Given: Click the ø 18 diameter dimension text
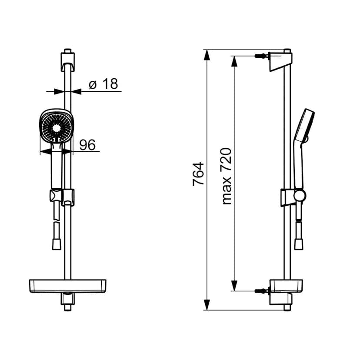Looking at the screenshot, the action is (103, 84).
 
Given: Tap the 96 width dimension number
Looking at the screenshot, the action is (87, 145).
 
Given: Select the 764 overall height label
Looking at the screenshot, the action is (198, 174).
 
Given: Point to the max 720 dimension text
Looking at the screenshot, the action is (226, 176).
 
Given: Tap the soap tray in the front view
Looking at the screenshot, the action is (68, 286).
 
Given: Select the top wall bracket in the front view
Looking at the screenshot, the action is (68, 62).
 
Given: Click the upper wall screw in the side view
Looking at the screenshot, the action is (261, 56).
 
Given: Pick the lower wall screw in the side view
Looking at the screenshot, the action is (261, 291).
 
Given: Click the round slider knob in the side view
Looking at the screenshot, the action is (300, 196).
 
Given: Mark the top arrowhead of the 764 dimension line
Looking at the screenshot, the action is (207, 55).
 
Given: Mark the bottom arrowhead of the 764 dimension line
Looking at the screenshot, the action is (207, 304).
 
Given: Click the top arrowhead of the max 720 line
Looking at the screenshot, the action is (234, 61).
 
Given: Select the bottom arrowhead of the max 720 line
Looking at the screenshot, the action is (234, 286).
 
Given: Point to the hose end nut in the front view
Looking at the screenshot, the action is (57, 244).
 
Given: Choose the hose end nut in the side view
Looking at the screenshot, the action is (299, 244).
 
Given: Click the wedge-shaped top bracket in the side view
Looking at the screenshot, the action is (280, 62).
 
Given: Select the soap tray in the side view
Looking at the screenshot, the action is (286, 286).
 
